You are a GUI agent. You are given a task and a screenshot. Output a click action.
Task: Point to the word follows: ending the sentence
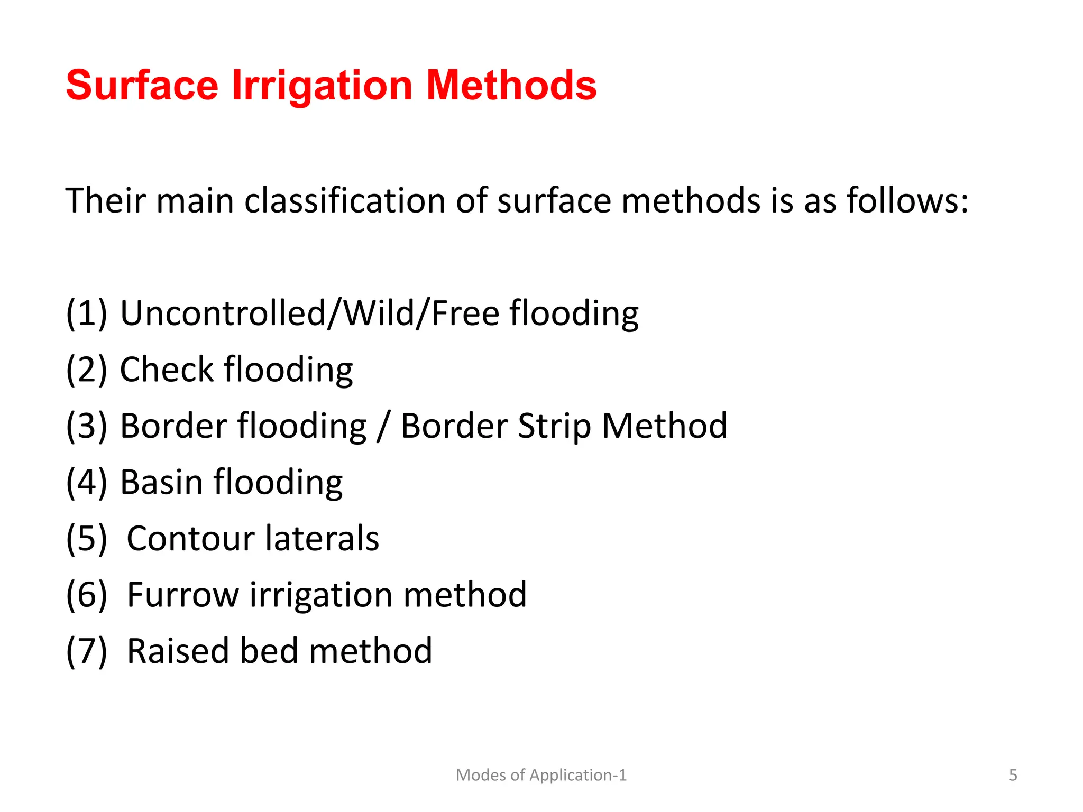click(x=907, y=201)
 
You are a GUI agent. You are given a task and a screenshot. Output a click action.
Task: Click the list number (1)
click(x=86, y=313)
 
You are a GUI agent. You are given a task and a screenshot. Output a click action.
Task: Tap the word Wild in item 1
click(x=379, y=313)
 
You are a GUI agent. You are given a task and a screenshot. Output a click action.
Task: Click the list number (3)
click(x=86, y=426)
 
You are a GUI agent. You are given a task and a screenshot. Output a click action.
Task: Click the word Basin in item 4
click(x=161, y=482)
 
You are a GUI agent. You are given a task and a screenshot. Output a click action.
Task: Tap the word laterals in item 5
click(x=322, y=539)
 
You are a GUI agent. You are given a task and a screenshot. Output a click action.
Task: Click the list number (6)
click(x=86, y=595)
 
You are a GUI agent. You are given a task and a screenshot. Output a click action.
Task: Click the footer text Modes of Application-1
click(x=541, y=775)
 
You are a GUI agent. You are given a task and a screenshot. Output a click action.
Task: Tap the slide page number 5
click(x=1013, y=775)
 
